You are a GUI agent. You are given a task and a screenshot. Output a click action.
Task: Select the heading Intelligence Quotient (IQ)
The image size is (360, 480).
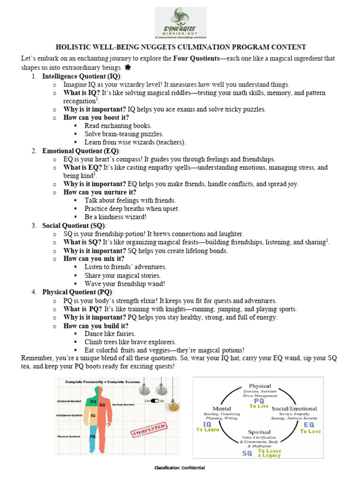click(x=82, y=76)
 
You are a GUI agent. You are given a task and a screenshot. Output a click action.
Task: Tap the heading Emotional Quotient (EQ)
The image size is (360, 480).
click(x=81, y=151)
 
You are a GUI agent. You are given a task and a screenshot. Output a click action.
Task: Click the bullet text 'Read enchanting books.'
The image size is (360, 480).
click(x=118, y=126)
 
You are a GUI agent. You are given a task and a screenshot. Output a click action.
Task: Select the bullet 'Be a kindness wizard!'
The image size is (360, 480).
click(x=115, y=217)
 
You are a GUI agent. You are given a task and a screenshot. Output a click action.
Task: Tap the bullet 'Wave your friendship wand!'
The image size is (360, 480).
click(x=125, y=284)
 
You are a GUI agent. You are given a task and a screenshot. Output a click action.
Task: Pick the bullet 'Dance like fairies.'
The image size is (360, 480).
click(x=110, y=334)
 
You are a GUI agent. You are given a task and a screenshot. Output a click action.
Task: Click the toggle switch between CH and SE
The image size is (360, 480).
click(x=153, y=401)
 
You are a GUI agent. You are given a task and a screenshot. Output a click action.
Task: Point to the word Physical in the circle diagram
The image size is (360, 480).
click(x=260, y=386)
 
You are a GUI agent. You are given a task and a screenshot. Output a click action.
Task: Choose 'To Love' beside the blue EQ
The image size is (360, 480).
click(x=310, y=431)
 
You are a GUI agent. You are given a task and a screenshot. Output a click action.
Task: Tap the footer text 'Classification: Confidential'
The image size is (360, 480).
click(x=180, y=468)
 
